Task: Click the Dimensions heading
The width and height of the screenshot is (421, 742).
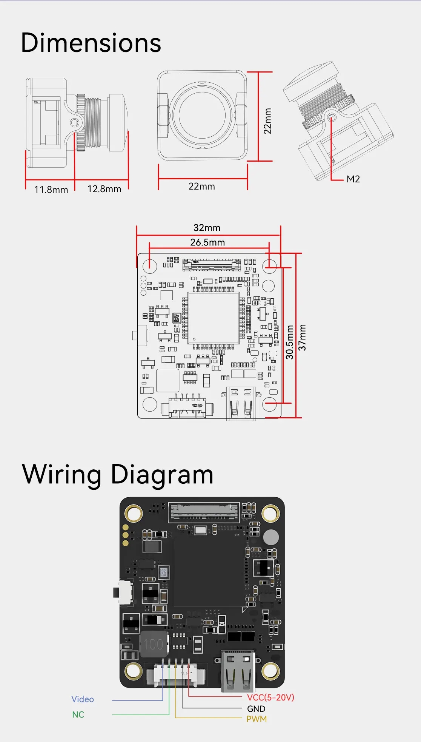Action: tap(91, 43)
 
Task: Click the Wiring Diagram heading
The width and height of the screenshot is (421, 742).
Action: tap(118, 474)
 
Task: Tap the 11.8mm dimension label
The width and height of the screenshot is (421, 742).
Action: tap(51, 190)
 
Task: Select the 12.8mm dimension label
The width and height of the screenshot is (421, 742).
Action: tap(104, 189)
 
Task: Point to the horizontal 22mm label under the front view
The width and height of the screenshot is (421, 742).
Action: tap(202, 187)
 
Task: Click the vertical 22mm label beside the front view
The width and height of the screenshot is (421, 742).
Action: tap(267, 121)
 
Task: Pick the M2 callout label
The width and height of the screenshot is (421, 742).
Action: tap(353, 179)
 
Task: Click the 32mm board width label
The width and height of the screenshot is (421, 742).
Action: tap(207, 228)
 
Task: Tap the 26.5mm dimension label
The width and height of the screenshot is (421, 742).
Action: tap(207, 242)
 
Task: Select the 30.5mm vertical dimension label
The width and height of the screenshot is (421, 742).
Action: tap(289, 342)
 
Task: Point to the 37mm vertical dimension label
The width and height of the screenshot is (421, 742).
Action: tap(302, 337)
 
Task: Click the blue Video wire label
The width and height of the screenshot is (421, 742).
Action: tap(83, 699)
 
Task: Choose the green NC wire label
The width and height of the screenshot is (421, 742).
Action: tap(78, 715)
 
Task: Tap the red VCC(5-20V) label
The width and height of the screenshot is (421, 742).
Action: tap(270, 697)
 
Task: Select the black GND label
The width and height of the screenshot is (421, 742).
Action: tap(256, 709)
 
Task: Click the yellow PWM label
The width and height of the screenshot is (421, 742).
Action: tap(257, 719)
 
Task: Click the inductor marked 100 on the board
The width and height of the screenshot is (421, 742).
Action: tap(154, 644)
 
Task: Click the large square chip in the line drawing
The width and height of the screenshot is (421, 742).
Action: tap(214, 318)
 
